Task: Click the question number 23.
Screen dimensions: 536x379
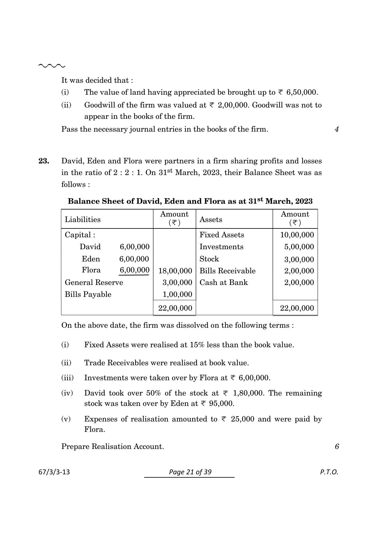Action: tap(44, 161)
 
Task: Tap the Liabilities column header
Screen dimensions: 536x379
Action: tap(82, 220)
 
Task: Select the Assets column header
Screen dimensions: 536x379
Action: tap(211, 220)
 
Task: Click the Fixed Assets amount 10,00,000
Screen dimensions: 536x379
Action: tap(297, 235)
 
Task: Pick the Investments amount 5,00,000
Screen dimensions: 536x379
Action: tap(299, 247)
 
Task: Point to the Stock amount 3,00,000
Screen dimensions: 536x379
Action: tap(299, 260)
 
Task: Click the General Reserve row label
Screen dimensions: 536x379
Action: tap(94, 283)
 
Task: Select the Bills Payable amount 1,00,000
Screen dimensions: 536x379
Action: tap(177, 294)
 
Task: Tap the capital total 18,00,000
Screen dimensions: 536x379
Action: tap(175, 271)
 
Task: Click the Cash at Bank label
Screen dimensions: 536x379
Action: tap(224, 283)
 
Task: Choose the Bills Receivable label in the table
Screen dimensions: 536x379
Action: tap(227, 271)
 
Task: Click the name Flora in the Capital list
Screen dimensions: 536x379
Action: tap(91, 270)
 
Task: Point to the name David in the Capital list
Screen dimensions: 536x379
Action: tap(90, 247)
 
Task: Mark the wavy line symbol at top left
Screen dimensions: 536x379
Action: tap(52, 66)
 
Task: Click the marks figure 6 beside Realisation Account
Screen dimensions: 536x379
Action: tap(337, 447)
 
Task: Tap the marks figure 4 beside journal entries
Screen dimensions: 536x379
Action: tap(337, 129)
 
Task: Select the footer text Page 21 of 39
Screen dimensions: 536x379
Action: tap(190, 472)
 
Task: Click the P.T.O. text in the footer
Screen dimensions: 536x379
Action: tap(329, 472)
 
